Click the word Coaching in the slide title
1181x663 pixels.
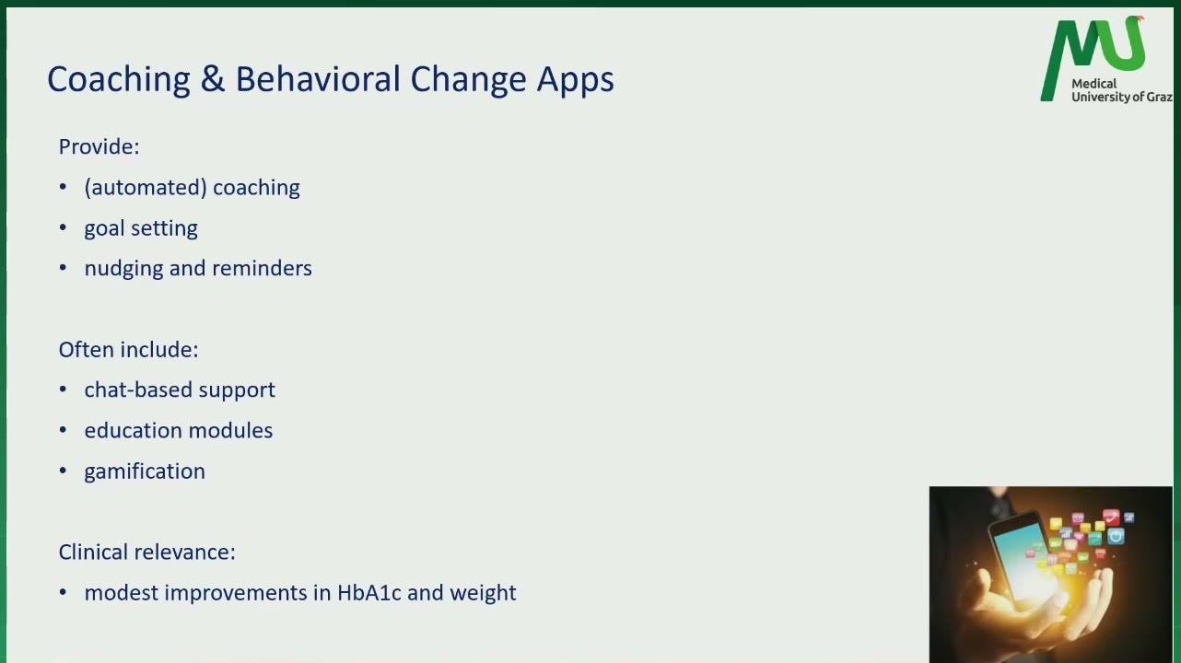point(119,80)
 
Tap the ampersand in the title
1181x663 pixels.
point(213,79)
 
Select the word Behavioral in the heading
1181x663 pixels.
point(318,79)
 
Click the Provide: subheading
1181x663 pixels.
point(99,146)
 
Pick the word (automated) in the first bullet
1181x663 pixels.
point(145,188)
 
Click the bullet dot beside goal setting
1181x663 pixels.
point(64,227)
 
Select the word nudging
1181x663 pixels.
point(123,269)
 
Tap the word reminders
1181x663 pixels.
point(262,268)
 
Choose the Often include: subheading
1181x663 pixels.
point(129,349)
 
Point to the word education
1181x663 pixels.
point(133,430)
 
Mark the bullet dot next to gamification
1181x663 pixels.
point(64,471)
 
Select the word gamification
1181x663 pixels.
point(145,471)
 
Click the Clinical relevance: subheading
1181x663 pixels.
point(147,552)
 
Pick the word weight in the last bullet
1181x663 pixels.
point(483,593)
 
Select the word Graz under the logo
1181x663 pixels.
point(1160,97)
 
